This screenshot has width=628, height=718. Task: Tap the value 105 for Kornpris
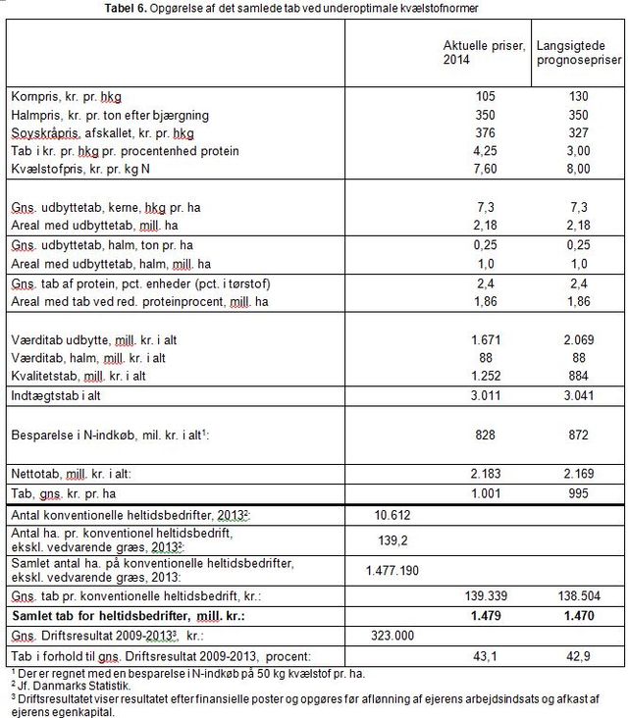pyautogui.click(x=481, y=97)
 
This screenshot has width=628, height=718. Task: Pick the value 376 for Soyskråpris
pyautogui.click(x=481, y=133)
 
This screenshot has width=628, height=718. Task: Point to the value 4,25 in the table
pyautogui.click(x=481, y=151)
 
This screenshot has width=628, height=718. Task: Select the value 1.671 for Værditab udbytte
pyautogui.click(x=481, y=338)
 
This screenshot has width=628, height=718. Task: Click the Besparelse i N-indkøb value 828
pyautogui.click(x=481, y=434)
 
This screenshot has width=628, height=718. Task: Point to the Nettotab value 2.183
pyautogui.click(x=481, y=473)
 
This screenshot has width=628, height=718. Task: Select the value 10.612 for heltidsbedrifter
pyautogui.click(x=392, y=515)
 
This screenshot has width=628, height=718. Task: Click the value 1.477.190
pyautogui.click(x=392, y=570)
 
